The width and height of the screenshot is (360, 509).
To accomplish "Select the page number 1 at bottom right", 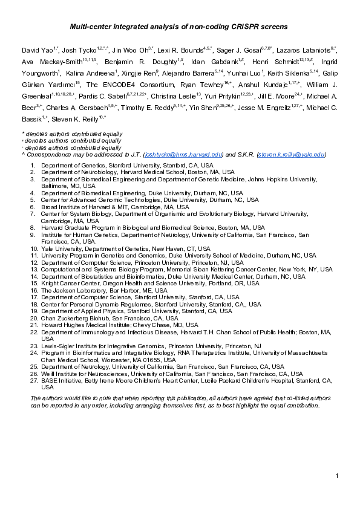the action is (336, 478).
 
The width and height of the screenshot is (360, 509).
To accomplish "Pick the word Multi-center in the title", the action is (91, 27).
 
